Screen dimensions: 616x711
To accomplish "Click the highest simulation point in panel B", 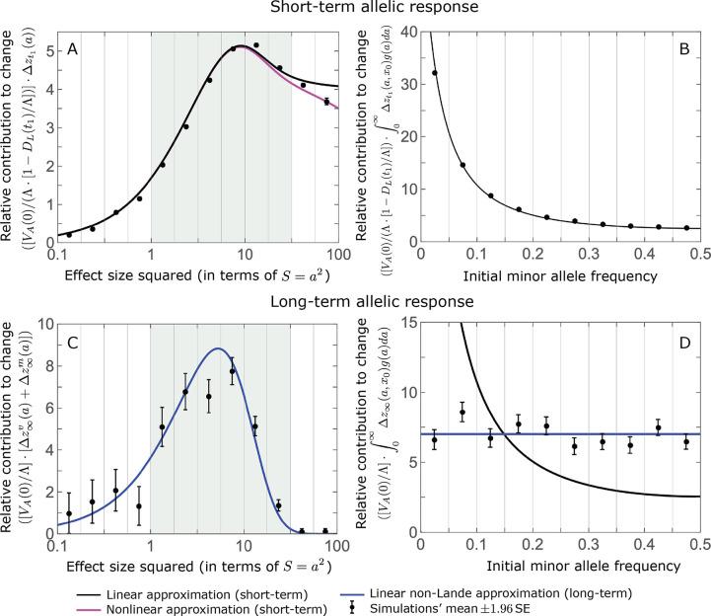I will coord(435,73).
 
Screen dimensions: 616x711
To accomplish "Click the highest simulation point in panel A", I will coord(256,45).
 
